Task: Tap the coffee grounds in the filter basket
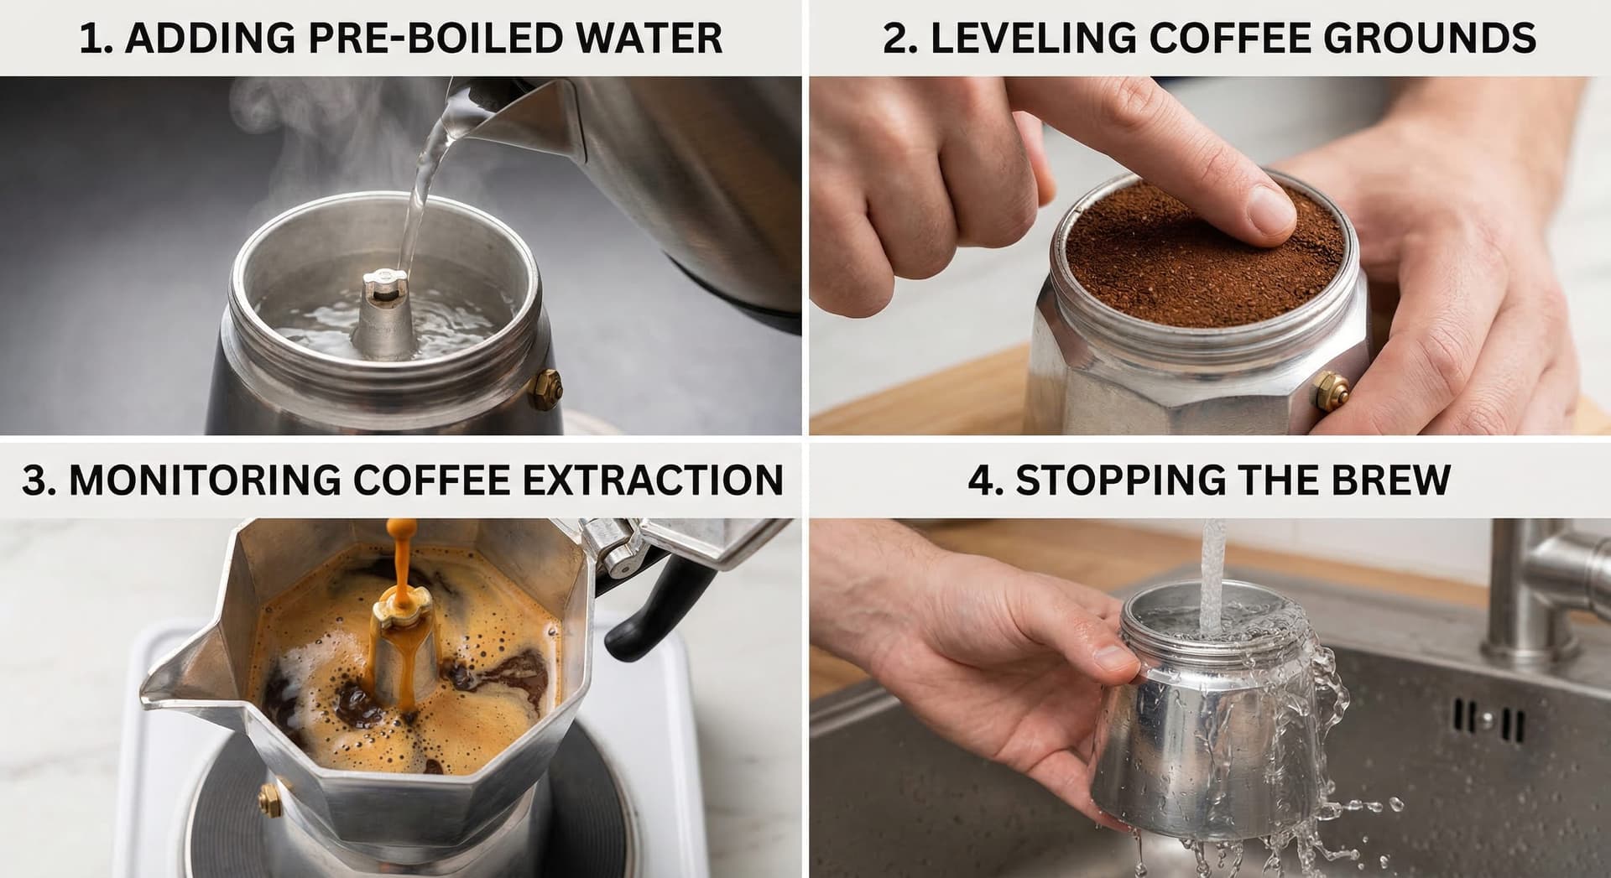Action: click(1175, 252)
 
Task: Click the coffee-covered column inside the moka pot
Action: click(404, 654)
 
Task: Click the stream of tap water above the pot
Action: click(1212, 562)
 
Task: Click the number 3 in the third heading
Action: click(34, 481)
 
